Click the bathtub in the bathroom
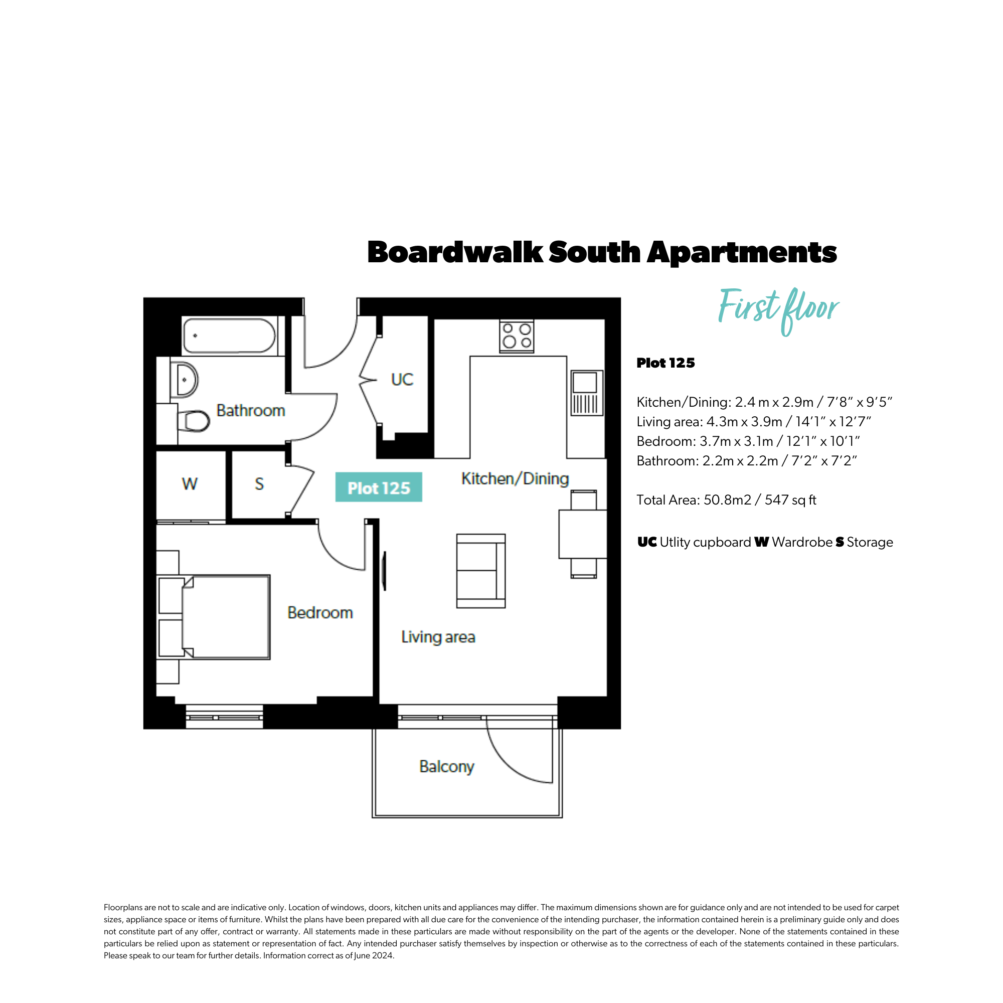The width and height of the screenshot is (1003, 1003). click(229, 336)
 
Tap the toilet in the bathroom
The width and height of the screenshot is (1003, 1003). click(194, 421)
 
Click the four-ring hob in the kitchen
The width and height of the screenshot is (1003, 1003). click(517, 336)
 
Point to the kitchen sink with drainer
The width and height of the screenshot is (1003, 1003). click(587, 393)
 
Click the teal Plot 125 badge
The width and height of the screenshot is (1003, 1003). click(379, 487)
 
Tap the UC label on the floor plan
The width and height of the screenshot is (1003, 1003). click(402, 380)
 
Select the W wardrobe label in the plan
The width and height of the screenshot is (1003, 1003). click(190, 484)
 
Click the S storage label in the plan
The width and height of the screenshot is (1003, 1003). click(260, 484)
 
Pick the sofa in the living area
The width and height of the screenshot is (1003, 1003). click(481, 571)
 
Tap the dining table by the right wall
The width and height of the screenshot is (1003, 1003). click(582, 534)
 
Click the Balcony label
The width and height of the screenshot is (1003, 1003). click(446, 767)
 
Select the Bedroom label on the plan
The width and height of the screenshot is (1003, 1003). click(320, 613)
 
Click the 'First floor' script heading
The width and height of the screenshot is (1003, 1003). click(778, 310)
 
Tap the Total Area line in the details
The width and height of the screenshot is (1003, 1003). click(726, 500)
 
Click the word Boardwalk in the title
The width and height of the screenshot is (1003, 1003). click(455, 252)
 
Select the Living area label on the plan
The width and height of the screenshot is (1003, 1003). click(438, 637)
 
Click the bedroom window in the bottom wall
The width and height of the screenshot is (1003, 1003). click(224, 717)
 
